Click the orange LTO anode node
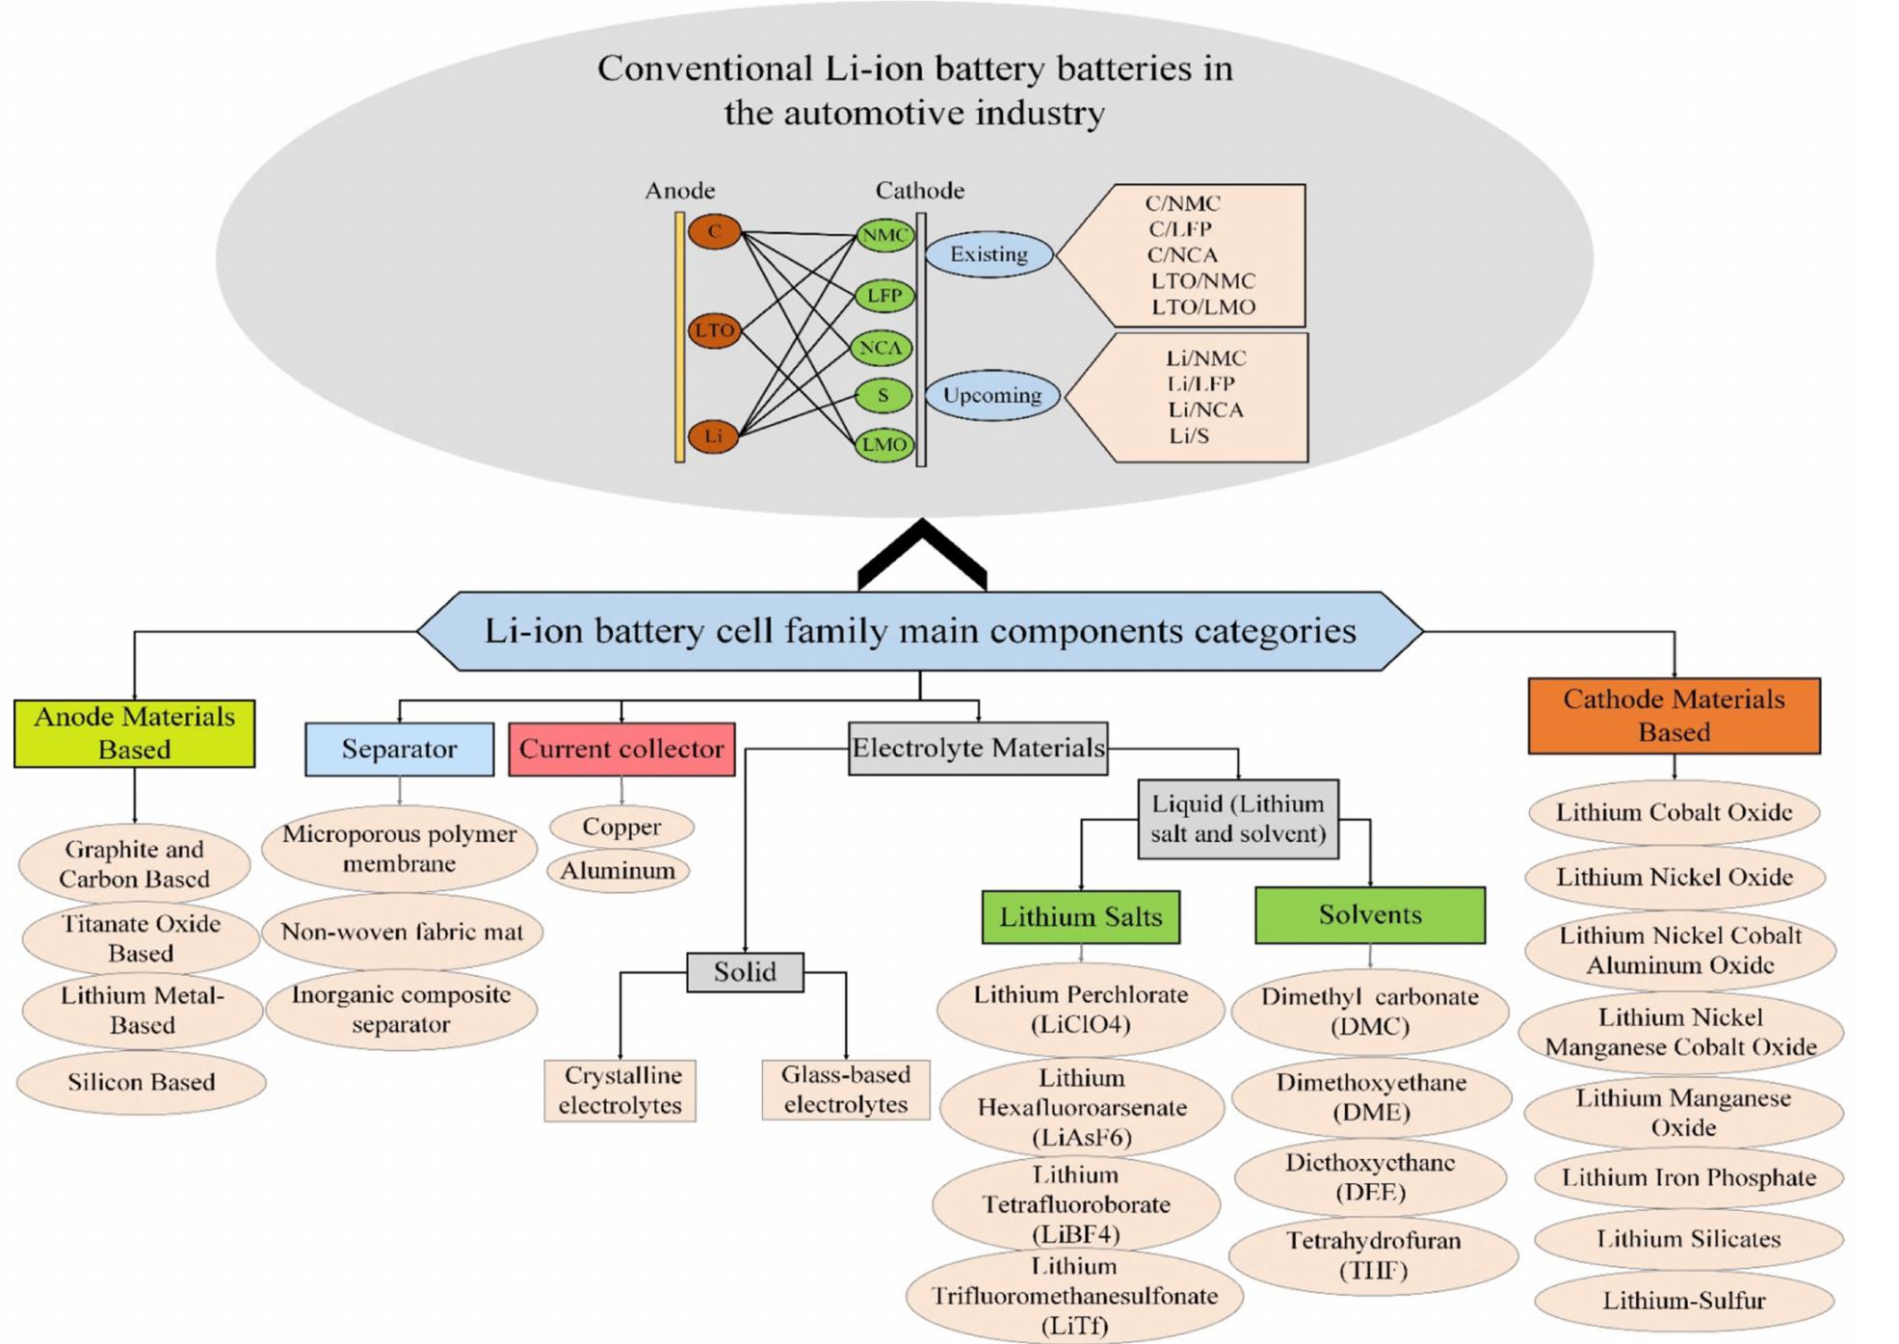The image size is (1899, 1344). [714, 330]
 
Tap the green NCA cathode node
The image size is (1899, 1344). [882, 348]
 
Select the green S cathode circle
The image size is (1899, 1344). [883, 395]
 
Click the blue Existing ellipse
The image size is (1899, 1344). [989, 254]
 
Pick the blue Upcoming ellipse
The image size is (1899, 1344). [992, 395]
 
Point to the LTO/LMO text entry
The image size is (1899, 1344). [1203, 307]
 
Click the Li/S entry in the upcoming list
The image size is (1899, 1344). [1189, 435]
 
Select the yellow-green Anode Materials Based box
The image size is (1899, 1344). [134, 733]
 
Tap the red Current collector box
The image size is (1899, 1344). [621, 749]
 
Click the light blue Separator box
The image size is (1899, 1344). [399, 749]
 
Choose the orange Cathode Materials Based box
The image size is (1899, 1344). [1674, 716]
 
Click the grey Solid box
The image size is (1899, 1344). [745, 971]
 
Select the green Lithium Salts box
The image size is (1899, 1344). [1080, 916]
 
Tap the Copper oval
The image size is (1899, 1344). [621, 827]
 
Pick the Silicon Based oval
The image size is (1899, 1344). [141, 1082]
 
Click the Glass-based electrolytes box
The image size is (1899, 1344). [845, 1090]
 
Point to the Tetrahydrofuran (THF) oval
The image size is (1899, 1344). [1373, 1254]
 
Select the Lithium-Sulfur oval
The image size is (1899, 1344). [1683, 1301]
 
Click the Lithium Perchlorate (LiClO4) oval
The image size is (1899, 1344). [1080, 1009]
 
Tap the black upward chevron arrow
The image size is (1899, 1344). [922, 557]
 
